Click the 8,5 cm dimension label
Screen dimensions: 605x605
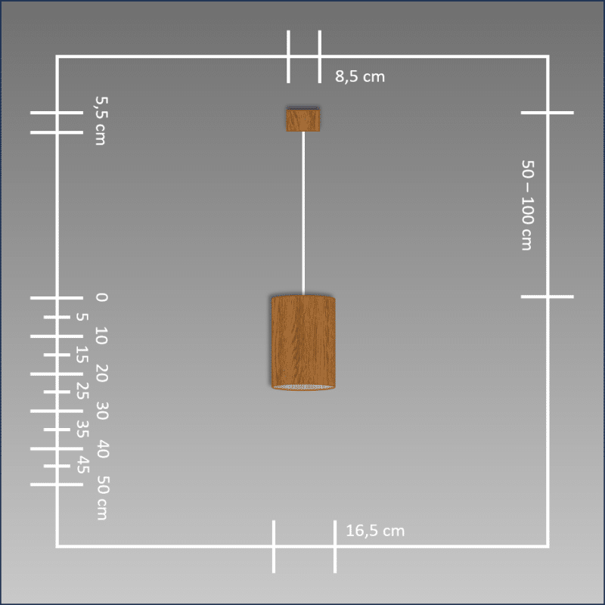tap(360, 76)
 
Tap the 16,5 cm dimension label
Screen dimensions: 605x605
tap(375, 531)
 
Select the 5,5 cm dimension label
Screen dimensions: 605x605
tap(101, 121)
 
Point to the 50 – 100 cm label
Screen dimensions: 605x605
tap(527, 205)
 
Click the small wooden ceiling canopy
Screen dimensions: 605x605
tap(303, 119)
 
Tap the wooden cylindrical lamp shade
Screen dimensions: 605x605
tap(303, 343)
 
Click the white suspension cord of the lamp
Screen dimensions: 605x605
tap(303, 213)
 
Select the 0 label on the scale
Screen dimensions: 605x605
tap(101, 297)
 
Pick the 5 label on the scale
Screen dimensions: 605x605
tap(82, 317)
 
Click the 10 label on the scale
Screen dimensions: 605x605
tap(101, 335)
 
